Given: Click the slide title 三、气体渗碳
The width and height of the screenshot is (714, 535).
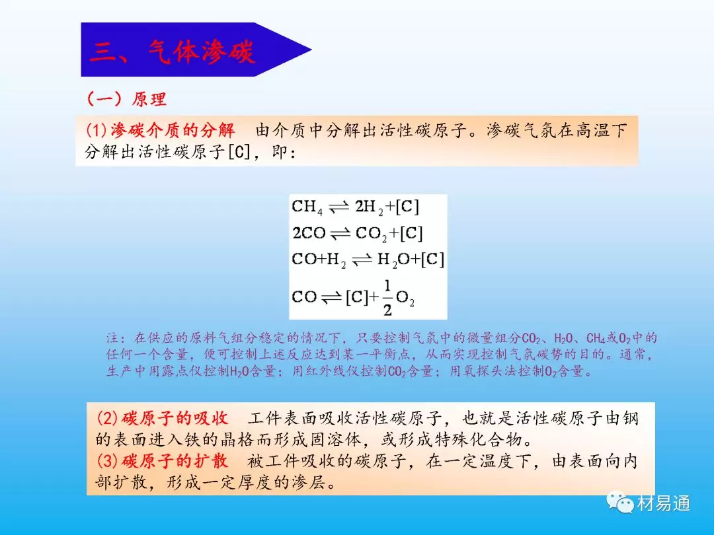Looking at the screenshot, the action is click(172, 51).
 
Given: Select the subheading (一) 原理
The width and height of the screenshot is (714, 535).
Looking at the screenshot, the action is click(126, 98).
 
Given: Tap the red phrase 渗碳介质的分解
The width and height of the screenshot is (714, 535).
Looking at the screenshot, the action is click(173, 131).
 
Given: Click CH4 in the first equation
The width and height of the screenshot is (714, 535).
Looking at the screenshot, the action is click(307, 207).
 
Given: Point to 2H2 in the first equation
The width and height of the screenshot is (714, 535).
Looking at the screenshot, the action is click(370, 207).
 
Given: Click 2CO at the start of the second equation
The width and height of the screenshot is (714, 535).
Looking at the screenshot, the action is click(309, 233).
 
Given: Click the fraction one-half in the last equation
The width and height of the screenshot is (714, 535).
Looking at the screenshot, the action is click(387, 298).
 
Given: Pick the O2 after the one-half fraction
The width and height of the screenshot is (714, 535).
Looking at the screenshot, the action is click(405, 299).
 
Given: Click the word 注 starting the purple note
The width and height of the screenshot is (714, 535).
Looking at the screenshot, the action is click(112, 338).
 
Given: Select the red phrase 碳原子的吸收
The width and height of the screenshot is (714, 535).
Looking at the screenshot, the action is click(175, 418).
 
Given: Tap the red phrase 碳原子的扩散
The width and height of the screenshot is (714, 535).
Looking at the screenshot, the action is click(175, 461).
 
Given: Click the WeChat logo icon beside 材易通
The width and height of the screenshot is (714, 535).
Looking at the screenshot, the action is click(619, 502).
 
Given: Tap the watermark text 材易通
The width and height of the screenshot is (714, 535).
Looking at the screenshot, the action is click(664, 503).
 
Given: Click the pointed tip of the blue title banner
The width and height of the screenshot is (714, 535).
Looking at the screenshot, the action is click(311, 50).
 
